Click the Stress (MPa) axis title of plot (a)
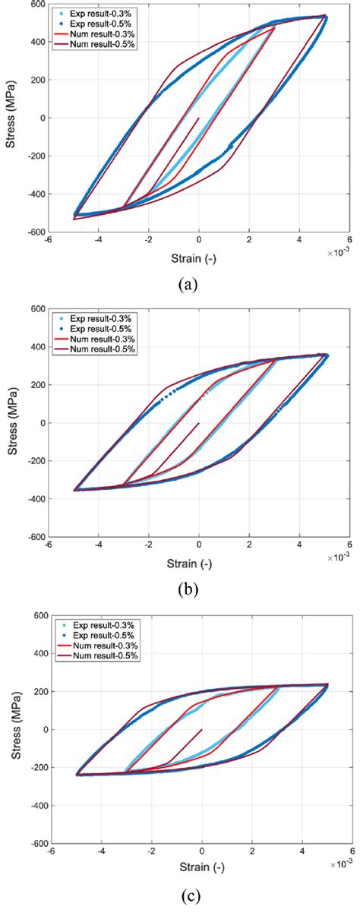(x=13, y=118)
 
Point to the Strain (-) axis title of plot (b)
(x=199, y=564)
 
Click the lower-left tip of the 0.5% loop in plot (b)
(x=74, y=490)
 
